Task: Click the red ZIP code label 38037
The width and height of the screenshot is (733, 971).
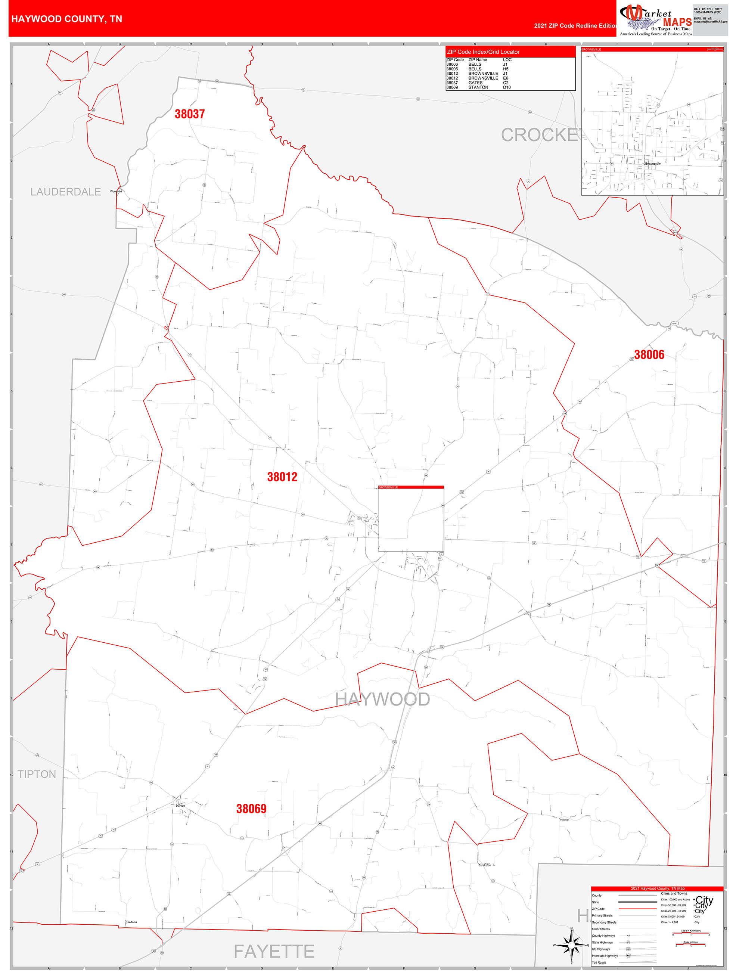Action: [x=190, y=114]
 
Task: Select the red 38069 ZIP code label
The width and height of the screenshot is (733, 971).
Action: [x=251, y=809]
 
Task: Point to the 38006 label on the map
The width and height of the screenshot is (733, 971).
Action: [x=649, y=355]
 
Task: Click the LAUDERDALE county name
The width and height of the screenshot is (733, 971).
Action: [x=65, y=192]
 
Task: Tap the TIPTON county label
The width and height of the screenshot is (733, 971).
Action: [x=37, y=774]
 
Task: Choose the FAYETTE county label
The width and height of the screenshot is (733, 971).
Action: [x=274, y=951]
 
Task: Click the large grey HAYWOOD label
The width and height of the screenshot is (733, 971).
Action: [x=382, y=699]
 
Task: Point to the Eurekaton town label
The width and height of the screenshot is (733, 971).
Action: [x=485, y=865]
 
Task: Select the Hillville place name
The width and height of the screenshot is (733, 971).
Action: [x=564, y=819]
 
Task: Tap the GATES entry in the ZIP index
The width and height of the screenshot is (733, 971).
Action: [x=475, y=83]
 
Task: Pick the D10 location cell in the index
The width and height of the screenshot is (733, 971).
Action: [x=507, y=87]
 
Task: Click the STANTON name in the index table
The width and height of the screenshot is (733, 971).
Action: [x=478, y=87]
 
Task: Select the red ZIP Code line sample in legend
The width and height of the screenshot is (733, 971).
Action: [x=637, y=909]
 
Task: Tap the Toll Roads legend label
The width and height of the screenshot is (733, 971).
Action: [x=599, y=963]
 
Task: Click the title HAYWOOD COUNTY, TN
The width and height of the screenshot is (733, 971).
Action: [x=67, y=19]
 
